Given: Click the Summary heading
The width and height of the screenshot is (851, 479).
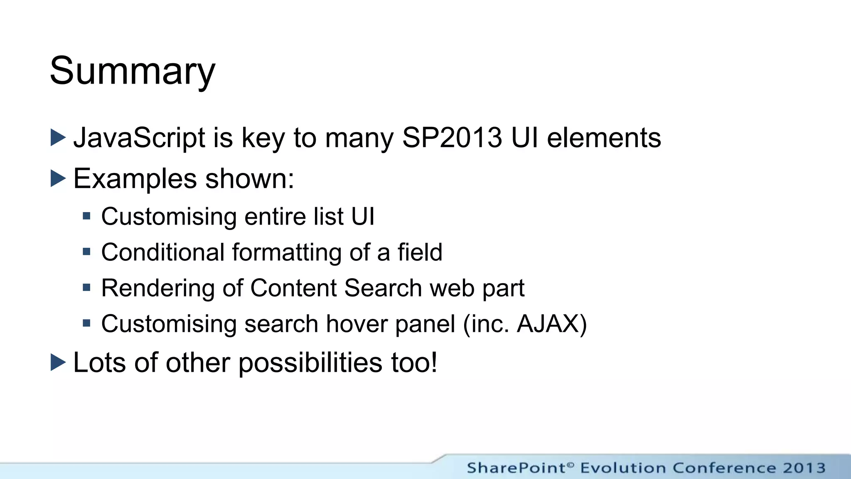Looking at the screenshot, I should coord(132,71).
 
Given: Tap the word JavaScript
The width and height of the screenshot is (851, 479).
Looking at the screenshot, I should coord(139,138).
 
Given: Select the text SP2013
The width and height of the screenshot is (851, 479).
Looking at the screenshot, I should coord(452,138).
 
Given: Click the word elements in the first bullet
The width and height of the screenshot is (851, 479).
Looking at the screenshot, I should coord(603,138).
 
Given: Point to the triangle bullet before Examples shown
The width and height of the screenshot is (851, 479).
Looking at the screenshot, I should coord(58,178).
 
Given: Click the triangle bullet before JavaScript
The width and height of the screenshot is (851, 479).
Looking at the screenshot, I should coord(58,138).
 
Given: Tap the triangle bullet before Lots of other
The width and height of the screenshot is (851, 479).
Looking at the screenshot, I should coord(58,362).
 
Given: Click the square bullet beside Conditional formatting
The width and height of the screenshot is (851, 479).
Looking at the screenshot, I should coord(86,252).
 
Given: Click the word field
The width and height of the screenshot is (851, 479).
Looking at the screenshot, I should coord(420,252).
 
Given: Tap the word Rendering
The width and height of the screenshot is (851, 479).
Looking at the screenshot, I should coord(158,288).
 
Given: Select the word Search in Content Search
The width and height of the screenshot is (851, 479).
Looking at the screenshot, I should coord(383,288).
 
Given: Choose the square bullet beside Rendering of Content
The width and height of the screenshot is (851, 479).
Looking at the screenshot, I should coord(86,287).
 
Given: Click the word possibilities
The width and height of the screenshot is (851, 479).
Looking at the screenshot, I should coord(310,363).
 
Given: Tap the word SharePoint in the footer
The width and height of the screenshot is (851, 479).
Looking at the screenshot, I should coord(516,468).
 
